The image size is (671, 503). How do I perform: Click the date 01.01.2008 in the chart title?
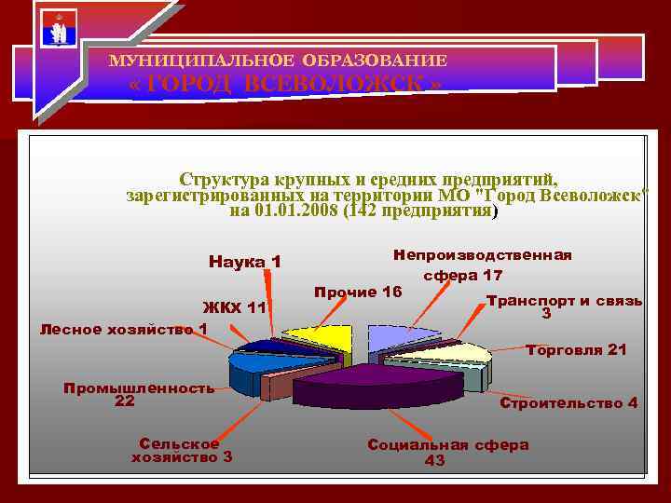coord(294,211)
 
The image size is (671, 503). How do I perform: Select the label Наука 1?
coord(245,262)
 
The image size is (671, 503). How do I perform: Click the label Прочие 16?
coord(358,292)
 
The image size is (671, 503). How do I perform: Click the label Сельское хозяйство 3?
coord(182,450)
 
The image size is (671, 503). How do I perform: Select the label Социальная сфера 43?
coord(448,453)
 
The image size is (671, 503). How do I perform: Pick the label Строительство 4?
coord(568,403)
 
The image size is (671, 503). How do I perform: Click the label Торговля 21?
coord(576,350)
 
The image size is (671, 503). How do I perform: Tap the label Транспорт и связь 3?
coord(563,307)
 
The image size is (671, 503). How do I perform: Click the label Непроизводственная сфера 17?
coord(482,265)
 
